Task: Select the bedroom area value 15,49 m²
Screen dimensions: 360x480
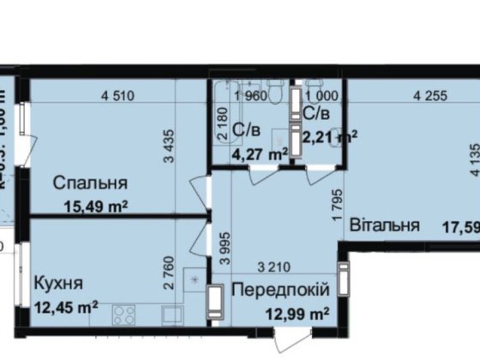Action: (97, 205)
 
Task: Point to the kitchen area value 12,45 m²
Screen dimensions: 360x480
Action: (66, 306)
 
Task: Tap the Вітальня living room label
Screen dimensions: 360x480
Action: (384, 225)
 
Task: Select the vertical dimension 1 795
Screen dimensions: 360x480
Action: (337, 202)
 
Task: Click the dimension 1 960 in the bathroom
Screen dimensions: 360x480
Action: (252, 96)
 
